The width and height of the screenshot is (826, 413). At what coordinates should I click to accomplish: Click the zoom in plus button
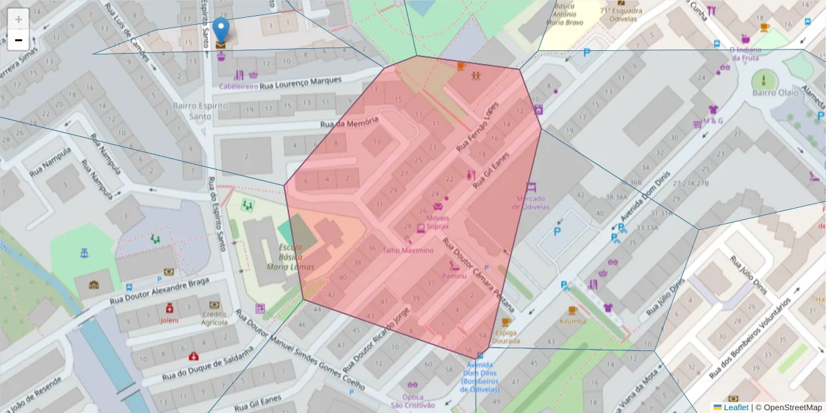(x=18, y=19)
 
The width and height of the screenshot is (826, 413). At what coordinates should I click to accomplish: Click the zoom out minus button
(x=18, y=40)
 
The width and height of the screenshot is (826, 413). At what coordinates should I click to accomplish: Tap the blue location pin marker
(x=220, y=32)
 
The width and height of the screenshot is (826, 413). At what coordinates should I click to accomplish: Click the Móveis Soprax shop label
(x=433, y=222)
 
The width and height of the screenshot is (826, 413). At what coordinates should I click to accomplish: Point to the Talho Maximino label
(x=408, y=251)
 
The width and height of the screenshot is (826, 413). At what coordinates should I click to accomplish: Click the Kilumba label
(x=572, y=321)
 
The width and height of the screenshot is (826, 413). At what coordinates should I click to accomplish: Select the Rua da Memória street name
(x=349, y=123)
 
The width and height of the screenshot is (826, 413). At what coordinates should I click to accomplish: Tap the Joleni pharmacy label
(x=169, y=319)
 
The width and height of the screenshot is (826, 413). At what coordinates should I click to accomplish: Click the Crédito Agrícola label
(x=215, y=318)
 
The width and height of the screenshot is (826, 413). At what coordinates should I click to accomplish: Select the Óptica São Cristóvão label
(x=412, y=401)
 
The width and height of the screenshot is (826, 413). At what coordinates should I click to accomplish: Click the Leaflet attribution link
(x=736, y=407)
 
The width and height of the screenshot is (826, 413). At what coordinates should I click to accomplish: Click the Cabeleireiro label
(x=238, y=87)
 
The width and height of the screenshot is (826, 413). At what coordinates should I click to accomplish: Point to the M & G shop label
(x=713, y=120)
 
